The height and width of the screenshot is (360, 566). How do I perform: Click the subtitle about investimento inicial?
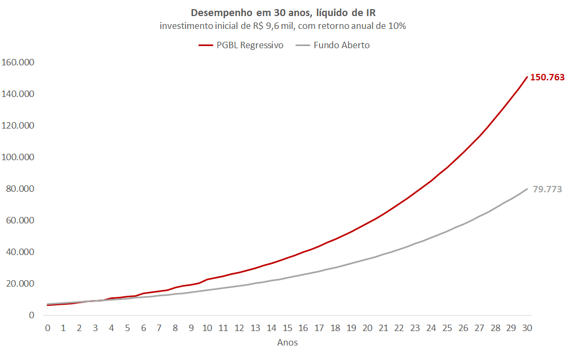[282, 26]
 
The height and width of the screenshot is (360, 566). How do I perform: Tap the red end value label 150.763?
[547, 77]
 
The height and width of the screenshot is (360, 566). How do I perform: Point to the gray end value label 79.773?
[547, 189]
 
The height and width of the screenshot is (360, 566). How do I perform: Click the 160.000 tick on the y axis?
[18, 62]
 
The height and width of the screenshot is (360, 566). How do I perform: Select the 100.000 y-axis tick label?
[18, 157]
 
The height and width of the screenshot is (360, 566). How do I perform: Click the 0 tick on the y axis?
[32, 315]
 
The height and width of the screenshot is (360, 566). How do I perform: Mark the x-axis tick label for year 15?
[287, 328]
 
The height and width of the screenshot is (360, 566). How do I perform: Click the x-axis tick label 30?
[527, 328]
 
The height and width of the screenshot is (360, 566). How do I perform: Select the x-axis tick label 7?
[159, 328]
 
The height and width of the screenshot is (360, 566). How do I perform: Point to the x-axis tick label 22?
[399, 328]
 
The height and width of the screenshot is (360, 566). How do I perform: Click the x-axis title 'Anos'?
[287, 342]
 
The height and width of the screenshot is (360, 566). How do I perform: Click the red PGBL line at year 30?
[527, 77]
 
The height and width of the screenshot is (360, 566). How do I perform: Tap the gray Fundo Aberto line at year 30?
[527, 189]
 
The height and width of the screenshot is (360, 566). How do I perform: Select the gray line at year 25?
[448, 231]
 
